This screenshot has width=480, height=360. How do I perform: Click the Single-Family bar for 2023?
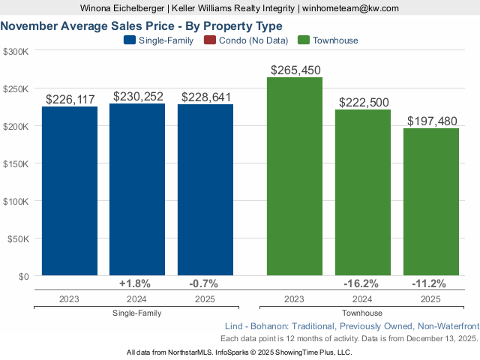click(70, 191)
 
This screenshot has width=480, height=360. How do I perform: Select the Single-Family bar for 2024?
click(137, 190)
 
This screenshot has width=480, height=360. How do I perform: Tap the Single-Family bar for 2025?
click(205, 190)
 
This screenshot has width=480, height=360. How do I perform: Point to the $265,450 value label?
click(295, 70)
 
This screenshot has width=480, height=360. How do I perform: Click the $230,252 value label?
click(138, 97)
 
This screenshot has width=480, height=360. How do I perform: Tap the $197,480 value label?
click(431, 121)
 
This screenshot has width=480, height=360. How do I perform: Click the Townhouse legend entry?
click(328, 40)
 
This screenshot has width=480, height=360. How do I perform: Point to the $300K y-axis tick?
click(16, 52)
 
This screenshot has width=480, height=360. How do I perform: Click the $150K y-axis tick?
click(16, 164)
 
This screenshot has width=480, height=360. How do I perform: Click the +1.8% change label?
click(135, 283)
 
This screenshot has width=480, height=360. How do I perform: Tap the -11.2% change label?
click(429, 283)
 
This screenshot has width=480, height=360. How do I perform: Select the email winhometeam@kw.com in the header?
click(350, 8)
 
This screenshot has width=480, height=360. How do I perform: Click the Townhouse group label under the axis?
click(362, 313)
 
